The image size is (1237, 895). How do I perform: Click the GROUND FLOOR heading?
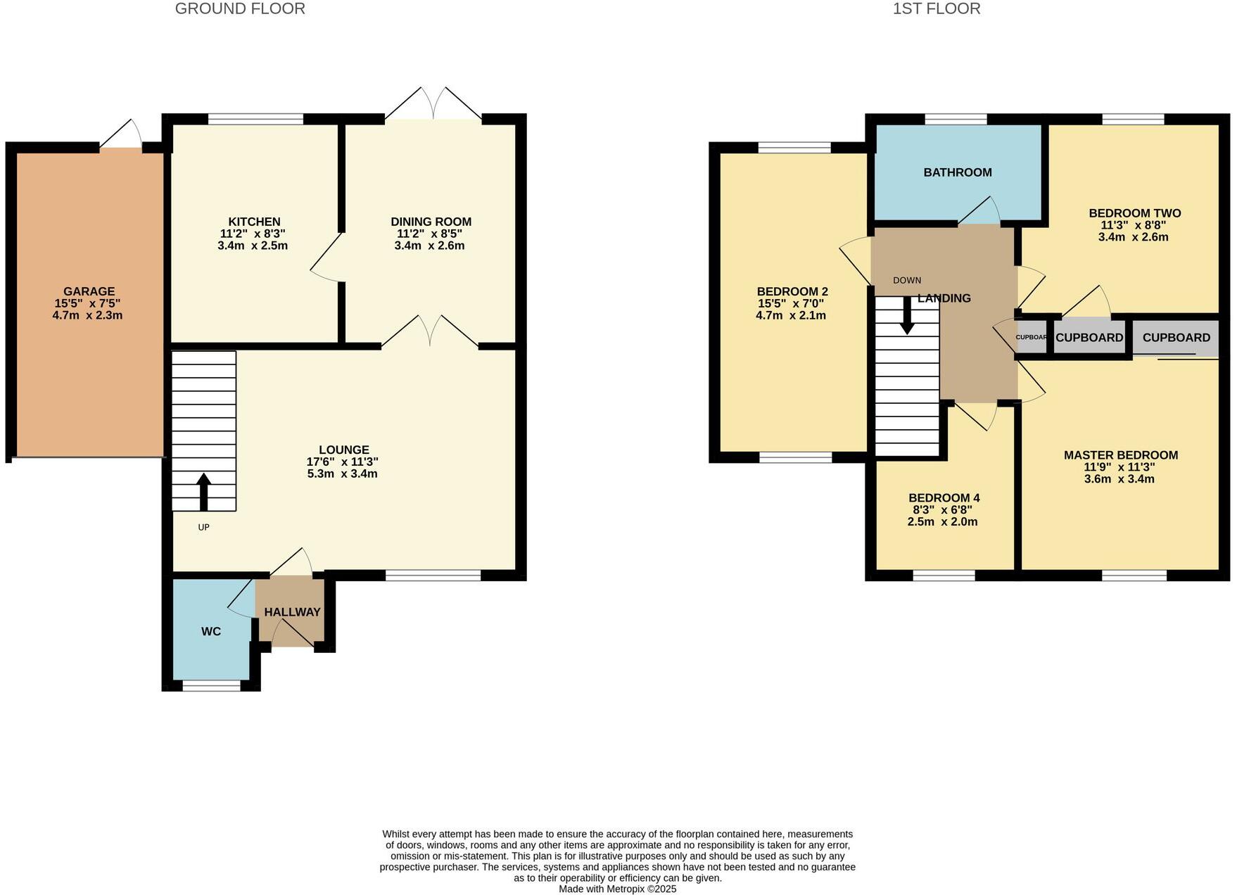pos(240,9)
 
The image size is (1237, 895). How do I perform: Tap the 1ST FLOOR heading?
pos(936,9)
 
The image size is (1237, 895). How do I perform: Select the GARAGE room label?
pos(89,291)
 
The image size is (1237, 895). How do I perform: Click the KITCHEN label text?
pos(254,222)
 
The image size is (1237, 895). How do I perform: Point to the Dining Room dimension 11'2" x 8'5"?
pos(430,234)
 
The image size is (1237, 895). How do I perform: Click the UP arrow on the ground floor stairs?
pos(203,491)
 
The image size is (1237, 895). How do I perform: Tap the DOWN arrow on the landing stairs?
pos(907,316)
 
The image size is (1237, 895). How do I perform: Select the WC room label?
pos(211,632)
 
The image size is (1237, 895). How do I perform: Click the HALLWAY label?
pos(292,612)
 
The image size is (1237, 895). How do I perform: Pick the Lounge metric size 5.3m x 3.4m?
pos(343,474)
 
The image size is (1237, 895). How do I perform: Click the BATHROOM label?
pos(957,172)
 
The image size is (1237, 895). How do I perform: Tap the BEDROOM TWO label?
pos(1134,213)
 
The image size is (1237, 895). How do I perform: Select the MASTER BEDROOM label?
pos(1120,455)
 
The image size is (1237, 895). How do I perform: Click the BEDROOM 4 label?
pos(944,498)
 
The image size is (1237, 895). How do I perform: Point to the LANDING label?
pos(944,298)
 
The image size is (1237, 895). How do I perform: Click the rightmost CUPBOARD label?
pos(1176,338)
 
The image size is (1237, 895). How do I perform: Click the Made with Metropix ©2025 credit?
pos(617,889)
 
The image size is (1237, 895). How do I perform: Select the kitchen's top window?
pos(255,119)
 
